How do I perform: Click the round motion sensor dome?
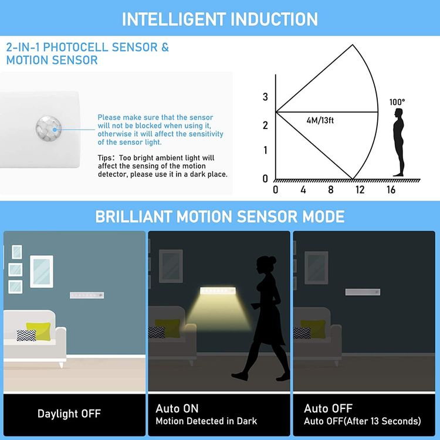[48, 127]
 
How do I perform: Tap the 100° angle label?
[397, 102]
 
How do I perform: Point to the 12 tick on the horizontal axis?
[360, 190]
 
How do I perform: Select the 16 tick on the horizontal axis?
[391, 190]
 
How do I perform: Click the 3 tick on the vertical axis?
[265, 97]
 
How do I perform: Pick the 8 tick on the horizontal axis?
[330, 190]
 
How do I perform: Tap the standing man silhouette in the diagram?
[398, 141]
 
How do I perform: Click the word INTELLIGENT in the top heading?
[170, 19]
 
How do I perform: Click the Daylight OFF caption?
[69, 414]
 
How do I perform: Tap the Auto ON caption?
[177, 408]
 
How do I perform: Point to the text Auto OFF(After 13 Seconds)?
[362, 421]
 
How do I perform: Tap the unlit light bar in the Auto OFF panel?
[363, 292]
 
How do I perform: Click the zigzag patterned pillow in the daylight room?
[26, 335]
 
